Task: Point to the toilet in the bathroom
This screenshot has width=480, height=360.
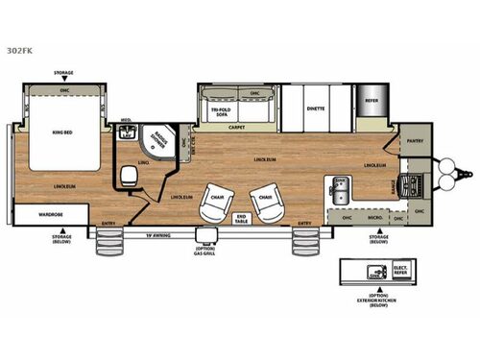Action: [x=129, y=177]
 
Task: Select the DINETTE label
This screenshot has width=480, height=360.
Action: [x=316, y=108]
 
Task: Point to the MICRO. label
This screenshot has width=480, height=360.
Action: [x=377, y=218]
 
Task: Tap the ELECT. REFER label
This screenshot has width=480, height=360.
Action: [x=400, y=272]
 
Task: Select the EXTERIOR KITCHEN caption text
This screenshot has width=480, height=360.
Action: [x=372, y=300]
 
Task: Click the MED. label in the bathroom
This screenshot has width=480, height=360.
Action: [x=125, y=121]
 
